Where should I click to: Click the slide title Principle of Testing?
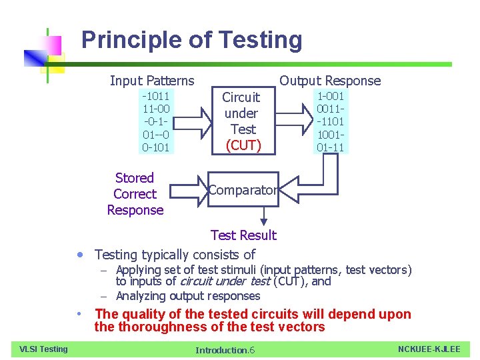(x=191, y=41)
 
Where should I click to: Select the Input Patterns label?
(x=152, y=81)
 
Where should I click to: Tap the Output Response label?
(x=330, y=81)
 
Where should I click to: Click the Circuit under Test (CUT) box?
(x=243, y=121)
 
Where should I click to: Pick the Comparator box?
(x=242, y=190)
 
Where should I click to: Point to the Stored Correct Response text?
(x=135, y=194)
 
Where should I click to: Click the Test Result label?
(x=243, y=235)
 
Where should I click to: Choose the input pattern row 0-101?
(x=155, y=147)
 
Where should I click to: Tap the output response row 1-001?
(x=331, y=96)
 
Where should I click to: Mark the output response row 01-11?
(x=331, y=147)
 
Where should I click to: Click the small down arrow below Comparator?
(x=264, y=216)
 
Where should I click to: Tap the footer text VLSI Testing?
(x=43, y=349)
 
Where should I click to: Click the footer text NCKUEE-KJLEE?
(x=429, y=349)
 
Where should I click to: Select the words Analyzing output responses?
(x=188, y=296)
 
